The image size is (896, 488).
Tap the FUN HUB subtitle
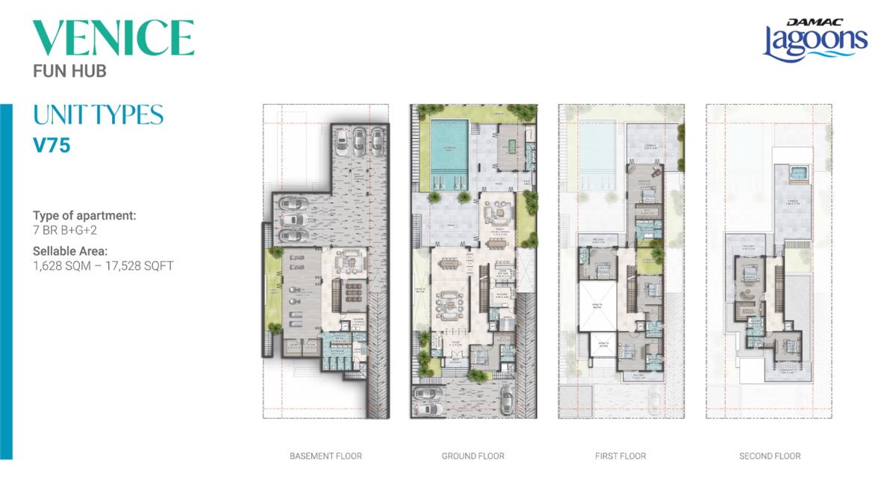pyautogui.click(x=69, y=72)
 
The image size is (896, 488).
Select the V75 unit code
pyautogui.click(x=52, y=145)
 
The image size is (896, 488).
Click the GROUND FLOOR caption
pyautogui.click(x=473, y=456)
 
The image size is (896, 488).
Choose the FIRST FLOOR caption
pyautogui.click(x=620, y=456)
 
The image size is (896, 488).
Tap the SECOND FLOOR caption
pyautogui.click(x=769, y=456)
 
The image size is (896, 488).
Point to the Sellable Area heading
pyautogui.click(x=69, y=251)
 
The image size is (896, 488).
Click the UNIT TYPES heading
pyautogui.click(x=98, y=115)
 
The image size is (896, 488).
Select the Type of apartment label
pyautogui.click(x=84, y=215)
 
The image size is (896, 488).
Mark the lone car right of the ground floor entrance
pyautogui.click(x=507, y=399)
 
